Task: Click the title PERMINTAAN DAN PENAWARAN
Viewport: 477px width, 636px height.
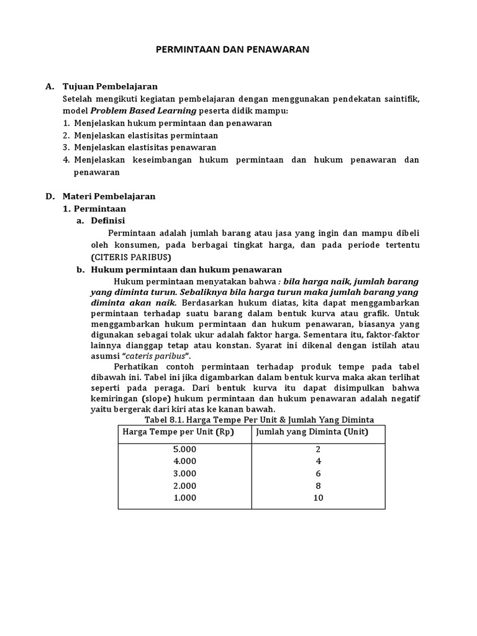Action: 232,49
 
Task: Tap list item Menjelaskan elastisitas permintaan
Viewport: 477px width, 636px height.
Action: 146,135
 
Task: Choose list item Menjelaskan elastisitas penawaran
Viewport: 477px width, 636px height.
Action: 145,147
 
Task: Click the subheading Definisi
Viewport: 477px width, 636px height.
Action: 108,220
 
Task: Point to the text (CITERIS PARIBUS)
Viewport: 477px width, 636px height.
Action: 130,257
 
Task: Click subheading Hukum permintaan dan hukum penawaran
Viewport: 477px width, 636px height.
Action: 186,270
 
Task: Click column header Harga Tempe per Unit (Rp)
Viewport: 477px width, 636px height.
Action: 178,432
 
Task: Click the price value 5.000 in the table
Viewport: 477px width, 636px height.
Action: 184,449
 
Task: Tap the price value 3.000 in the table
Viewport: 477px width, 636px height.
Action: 184,473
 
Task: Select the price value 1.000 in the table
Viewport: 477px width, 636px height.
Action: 184,497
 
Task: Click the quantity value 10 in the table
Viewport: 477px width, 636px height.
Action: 319,497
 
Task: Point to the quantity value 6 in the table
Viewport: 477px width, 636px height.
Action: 319,473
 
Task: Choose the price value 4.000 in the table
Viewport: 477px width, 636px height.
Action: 184,461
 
